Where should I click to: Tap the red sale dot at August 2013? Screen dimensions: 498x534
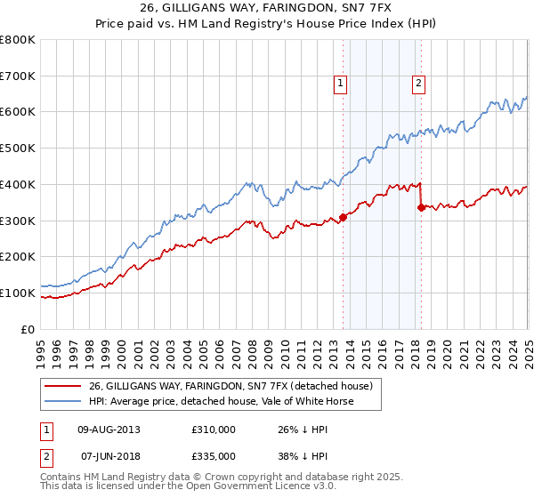click(x=343, y=217)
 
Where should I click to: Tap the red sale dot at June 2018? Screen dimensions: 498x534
click(x=421, y=207)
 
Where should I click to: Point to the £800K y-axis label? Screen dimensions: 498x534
click(x=17, y=40)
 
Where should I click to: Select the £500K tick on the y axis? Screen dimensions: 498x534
click(x=17, y=149)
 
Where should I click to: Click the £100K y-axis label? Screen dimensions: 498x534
click(x=17, y=293)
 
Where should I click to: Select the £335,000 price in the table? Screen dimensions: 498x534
click(x=214, y=455)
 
